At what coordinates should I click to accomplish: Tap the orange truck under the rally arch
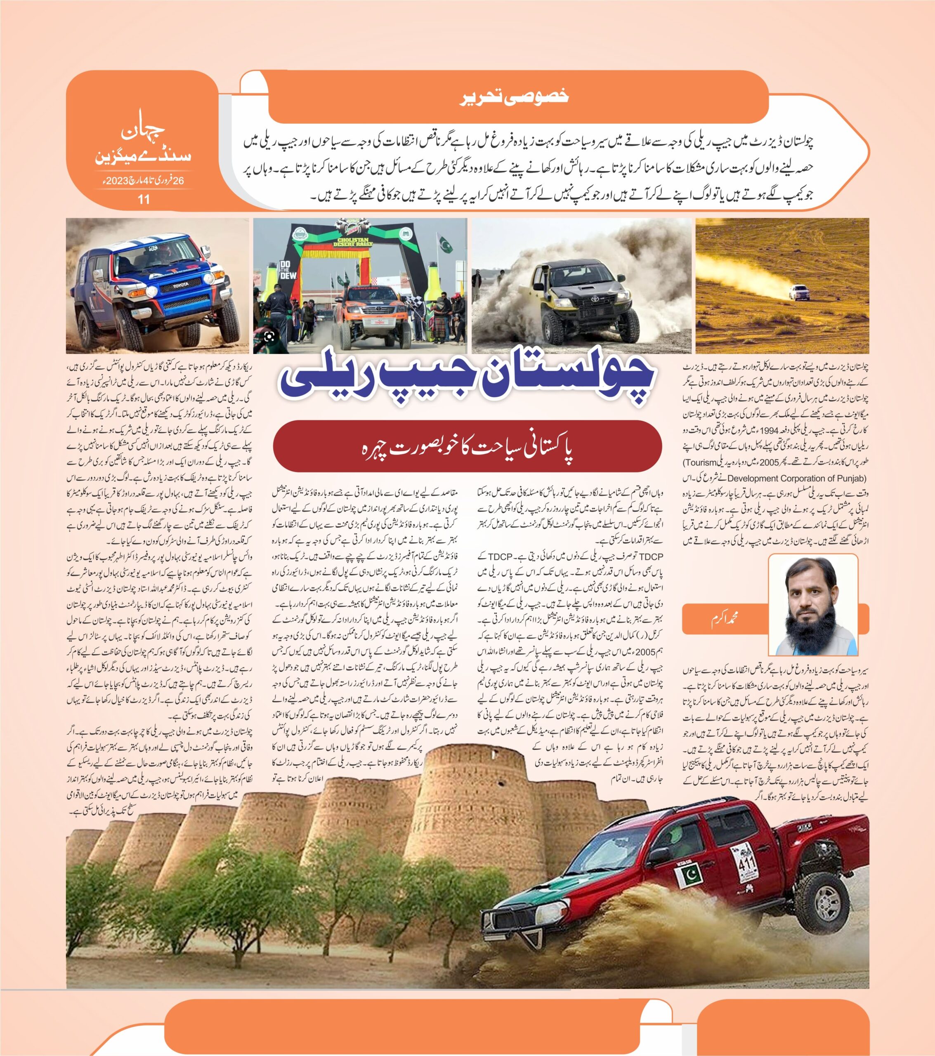[371, 309]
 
